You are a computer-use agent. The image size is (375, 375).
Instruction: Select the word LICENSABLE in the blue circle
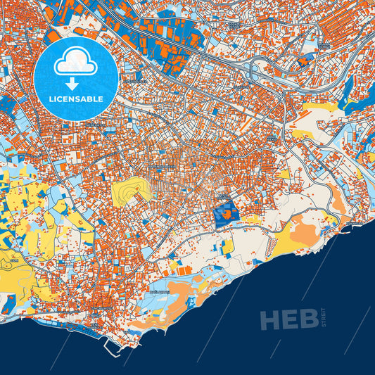pos(76,99)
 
